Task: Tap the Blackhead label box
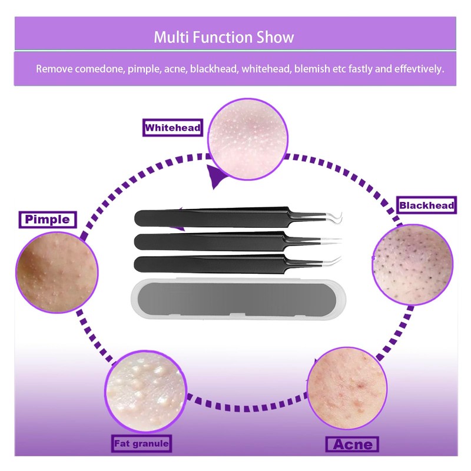point(426,205)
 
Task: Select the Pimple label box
point(47,220)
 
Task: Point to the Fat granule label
point(142,443)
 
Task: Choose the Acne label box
point(352,443)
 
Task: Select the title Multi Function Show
point(224,38)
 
